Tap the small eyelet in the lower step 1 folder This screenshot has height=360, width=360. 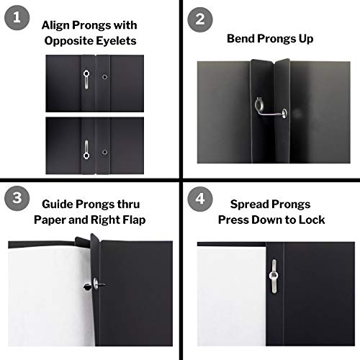coord(104,153)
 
